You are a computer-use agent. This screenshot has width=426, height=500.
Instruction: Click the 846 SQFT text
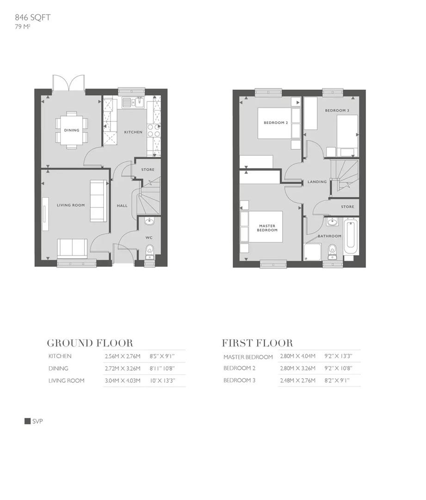pyautogui.click(x=32, y=18)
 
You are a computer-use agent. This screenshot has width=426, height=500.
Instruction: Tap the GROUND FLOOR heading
pyautogui.click(x=90, y=343)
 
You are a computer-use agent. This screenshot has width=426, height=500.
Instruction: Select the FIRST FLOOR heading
pyautogui.click(x=257, y=343)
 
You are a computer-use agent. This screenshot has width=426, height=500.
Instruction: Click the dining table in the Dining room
pyautogui.click(x=71, y=130)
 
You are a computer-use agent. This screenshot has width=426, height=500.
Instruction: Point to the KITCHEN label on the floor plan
pyautogui.click(x=133, y=132)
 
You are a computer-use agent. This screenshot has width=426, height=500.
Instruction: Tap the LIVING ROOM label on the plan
pyautogui.click(x=71, y=205)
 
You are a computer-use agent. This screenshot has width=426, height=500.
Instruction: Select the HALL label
pyautogui.click(x=122, y=206)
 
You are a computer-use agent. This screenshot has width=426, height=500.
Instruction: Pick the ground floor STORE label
pyautogui.click(x=148, y=170)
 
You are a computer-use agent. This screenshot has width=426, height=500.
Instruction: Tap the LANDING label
pyautogui.click(x=317, y=182)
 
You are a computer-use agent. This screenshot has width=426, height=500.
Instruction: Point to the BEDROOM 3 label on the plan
pyautogui.click(x=337, y=111)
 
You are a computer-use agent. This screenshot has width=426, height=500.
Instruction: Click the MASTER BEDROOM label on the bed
pyautogui.click(x=267, y=228)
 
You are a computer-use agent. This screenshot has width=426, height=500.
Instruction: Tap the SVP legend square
pyautogui.click(x=27, y=421)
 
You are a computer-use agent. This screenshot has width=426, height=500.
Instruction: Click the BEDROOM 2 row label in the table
pyautogui.click(x=239, y=369)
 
